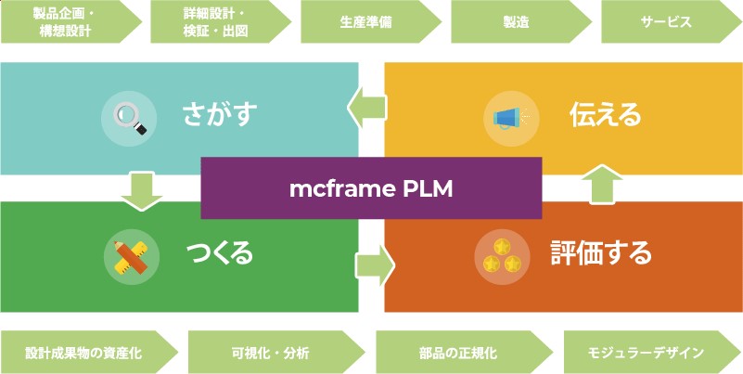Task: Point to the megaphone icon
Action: coord(509,118)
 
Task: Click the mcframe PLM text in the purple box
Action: coord(371,188)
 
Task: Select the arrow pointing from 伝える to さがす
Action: coord(369,108)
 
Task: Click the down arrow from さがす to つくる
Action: coord(142,189)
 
